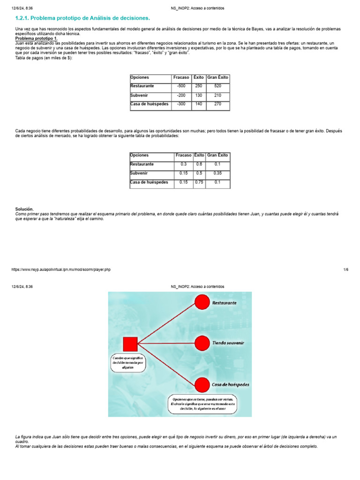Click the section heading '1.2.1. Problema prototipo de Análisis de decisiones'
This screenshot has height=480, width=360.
click(83, 18)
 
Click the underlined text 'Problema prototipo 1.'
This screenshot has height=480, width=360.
click(37, 38)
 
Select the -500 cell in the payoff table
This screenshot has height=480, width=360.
click(181, 86)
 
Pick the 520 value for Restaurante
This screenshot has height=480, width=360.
click(217, 86)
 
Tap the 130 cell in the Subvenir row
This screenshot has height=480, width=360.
click(199, 95)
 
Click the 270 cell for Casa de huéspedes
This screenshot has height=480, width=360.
click(217, 104)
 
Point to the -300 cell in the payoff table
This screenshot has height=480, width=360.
click(181, 104)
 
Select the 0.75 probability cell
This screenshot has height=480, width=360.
click(199, 182)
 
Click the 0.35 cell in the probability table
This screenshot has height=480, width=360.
click(217, 173)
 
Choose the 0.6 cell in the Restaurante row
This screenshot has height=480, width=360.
click(199, 165)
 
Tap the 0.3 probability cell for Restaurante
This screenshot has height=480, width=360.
click(183, 165)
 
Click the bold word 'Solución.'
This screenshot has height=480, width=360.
click(25, 209)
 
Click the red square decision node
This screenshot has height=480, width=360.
click(130, 344)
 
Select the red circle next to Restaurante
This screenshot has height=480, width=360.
click(202, 303)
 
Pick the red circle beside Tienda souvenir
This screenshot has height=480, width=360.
click(202, 343)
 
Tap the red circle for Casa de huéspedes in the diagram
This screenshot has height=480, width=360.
click(202, 385)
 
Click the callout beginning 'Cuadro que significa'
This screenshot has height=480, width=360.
click(128, 363)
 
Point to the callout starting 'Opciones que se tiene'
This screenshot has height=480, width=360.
click(203, 404)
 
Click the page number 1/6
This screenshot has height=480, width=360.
click(346, 270)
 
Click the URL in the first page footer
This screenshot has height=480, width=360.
click(61, 270)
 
